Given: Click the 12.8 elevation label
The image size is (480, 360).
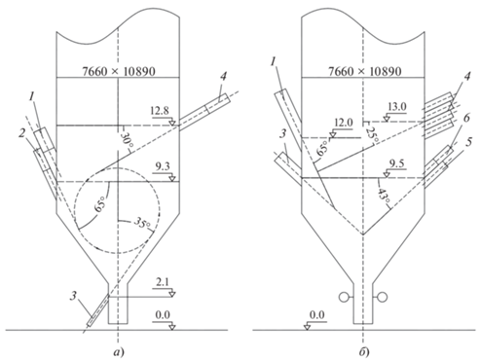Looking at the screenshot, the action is (160, 111).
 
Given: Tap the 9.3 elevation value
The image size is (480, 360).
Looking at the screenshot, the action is (164, 167).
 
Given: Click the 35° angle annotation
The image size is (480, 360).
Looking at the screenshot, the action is (142, 224).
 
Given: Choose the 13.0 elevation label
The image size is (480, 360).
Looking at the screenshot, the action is (397, 107).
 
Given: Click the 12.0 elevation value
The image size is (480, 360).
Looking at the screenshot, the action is (344, 123).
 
